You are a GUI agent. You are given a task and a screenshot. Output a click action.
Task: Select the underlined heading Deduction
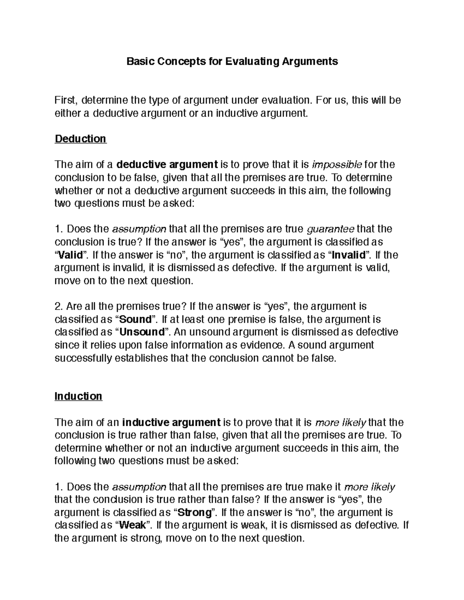tap(80, 139)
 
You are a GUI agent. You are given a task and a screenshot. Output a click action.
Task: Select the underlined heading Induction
tap(78, 396)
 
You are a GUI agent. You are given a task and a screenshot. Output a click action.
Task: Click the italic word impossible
tap(336, 165)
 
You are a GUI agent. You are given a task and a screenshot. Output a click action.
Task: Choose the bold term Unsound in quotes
tap(142, 332)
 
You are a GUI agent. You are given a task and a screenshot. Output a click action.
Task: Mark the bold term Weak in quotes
tap(133, 525)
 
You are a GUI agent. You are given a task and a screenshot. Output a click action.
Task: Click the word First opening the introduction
tap(67, 100)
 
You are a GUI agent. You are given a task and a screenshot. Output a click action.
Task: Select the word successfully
tap(83, 358)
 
